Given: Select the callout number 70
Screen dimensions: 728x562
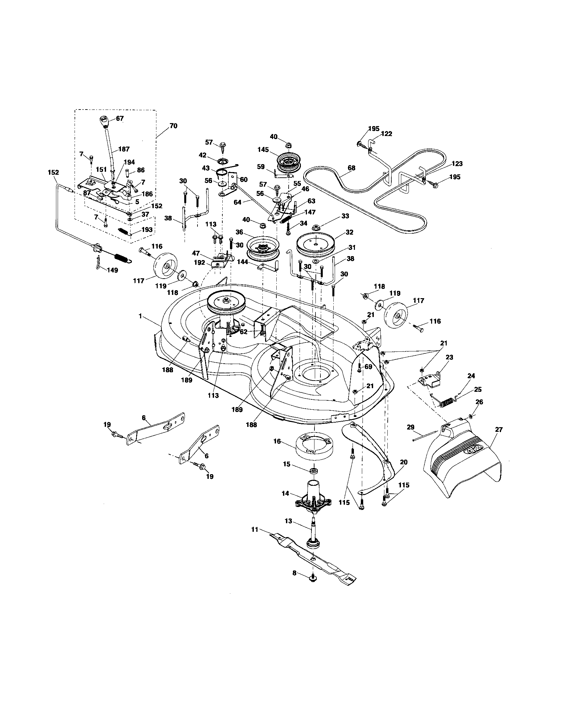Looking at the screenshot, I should (174, 126).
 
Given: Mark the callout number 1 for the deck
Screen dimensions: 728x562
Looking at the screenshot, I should (140, 306).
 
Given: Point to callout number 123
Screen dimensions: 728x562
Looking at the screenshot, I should (457, 164).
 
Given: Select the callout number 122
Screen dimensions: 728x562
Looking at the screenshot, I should (386, 134).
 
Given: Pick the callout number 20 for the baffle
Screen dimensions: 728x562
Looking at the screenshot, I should (404, 462).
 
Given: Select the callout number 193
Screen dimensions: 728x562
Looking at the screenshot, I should (147, 230).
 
